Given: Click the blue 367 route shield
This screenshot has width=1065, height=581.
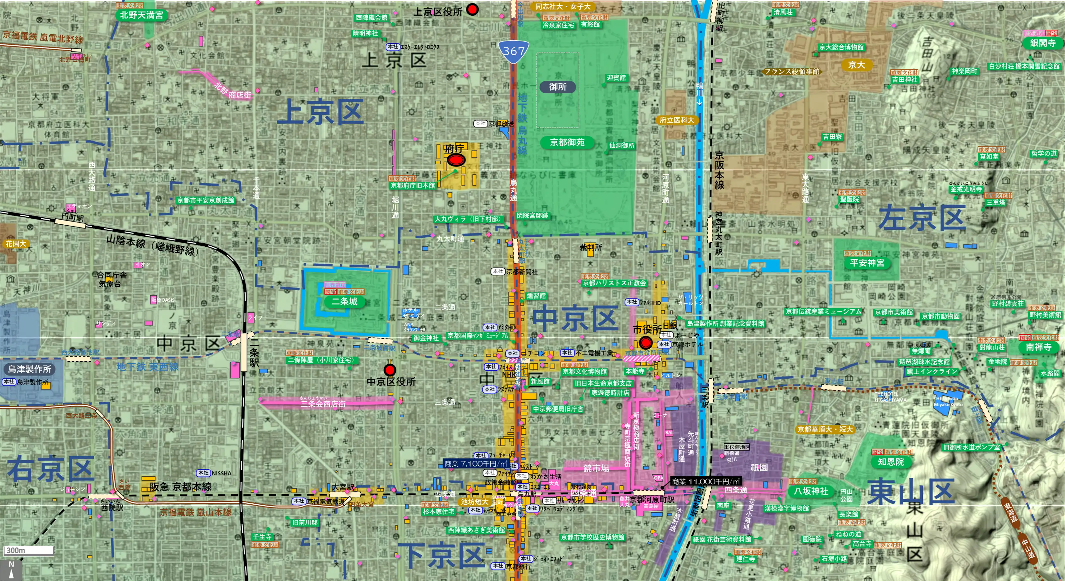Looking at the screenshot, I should (513, 51).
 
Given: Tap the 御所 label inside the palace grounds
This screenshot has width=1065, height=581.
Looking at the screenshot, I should (557, 87).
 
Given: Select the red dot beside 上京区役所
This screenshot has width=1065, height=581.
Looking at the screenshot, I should (472, 9).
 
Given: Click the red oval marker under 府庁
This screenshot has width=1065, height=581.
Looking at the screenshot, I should (456, 159).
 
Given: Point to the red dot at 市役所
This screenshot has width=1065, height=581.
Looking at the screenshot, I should (646, 342).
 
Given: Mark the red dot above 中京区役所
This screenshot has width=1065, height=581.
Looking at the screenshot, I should (389, 369).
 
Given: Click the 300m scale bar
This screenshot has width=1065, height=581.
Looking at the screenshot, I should (29, 550).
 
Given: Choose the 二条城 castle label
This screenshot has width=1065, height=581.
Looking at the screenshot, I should (344, 301).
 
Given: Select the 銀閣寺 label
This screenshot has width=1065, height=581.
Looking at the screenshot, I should (1042, 43).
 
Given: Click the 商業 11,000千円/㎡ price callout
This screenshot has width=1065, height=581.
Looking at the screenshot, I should (705, 481).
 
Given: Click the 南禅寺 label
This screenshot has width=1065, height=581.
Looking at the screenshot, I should (1038, 347).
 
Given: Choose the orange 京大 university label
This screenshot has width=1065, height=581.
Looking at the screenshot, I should (856, 65).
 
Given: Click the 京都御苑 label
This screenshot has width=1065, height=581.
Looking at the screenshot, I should (567, 143).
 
